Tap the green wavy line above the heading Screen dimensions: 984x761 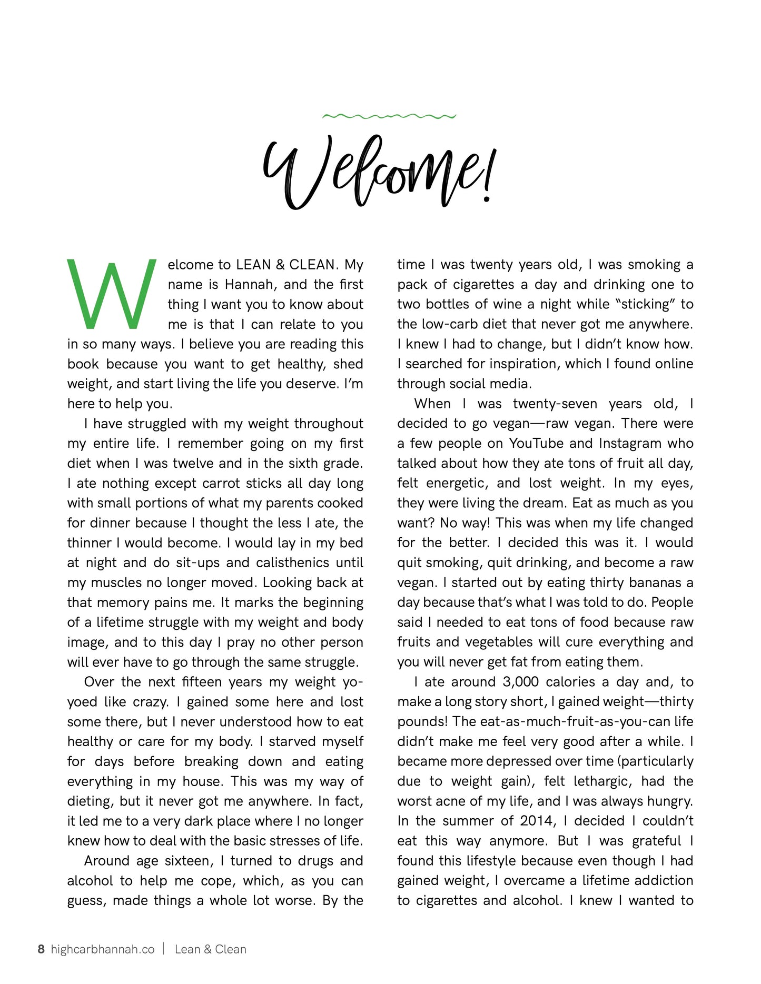pos(389,116)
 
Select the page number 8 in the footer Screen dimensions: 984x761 pos(41,949)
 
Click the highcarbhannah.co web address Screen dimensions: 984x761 pos(103,949)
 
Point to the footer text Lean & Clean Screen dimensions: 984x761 pos(210,949)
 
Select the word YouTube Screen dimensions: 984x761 pos(536,444)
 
